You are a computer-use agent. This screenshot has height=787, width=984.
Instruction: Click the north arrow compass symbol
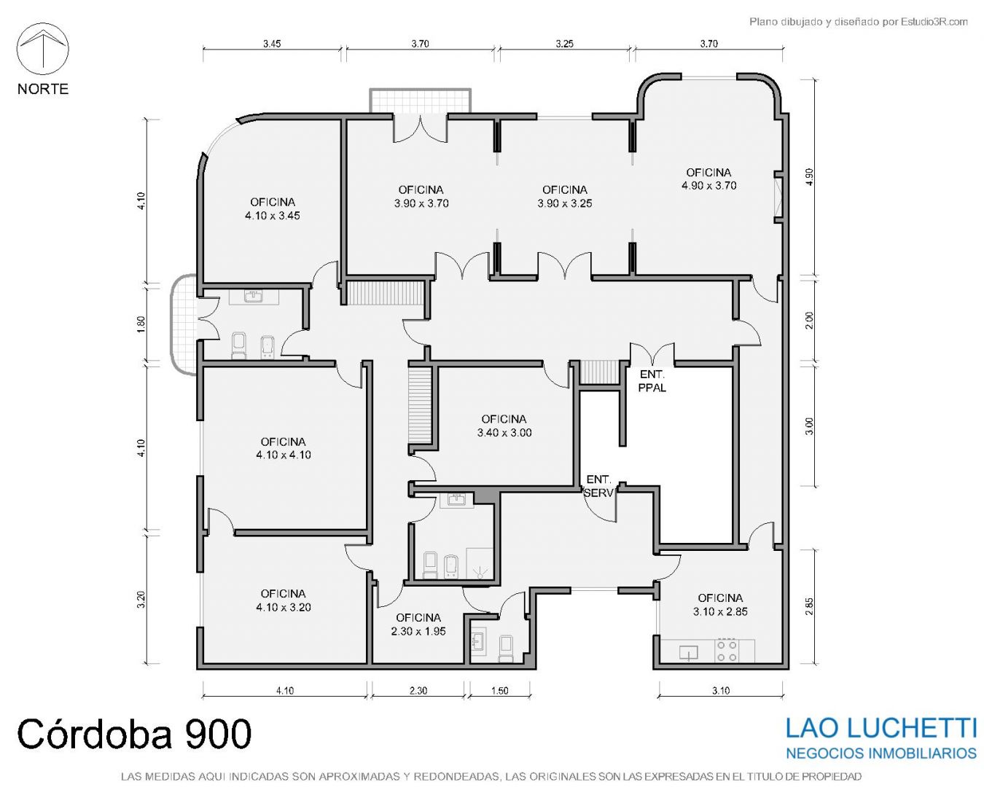tap(42, 49)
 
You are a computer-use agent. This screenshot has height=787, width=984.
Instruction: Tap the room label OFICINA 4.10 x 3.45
tap(273, 209)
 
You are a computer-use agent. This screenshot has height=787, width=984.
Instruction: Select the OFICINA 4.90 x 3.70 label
tap(708, 179)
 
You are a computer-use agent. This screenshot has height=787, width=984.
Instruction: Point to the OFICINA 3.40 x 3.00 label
tap(504, 426)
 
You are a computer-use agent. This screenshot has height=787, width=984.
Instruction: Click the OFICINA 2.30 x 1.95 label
tap(418, 624)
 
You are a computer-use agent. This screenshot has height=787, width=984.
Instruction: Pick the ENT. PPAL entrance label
tap(652, 381)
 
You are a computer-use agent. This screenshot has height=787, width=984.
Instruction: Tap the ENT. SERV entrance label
tap(599, 486)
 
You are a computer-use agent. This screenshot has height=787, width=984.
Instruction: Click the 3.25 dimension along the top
tap(565, 44)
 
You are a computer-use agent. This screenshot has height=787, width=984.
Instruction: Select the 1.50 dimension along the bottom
tap(500, 691)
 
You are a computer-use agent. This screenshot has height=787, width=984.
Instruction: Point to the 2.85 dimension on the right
tap(810, 606)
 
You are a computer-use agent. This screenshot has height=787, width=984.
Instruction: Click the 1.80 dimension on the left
tap(141, 324)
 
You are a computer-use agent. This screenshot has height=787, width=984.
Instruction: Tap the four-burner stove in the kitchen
tap(727, 650)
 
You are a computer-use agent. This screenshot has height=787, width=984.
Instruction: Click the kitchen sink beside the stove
tap(688, 651)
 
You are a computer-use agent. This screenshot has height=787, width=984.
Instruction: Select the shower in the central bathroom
tap(480, 564)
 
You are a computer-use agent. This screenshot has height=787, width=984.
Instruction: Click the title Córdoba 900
tap(134, 733)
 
